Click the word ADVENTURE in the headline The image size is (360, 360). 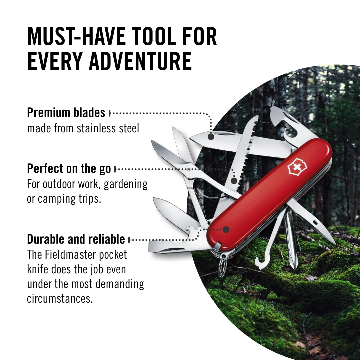[x=140, y=61]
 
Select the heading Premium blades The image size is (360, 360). [x=66, y=113]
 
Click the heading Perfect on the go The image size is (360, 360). [x=69, y=169]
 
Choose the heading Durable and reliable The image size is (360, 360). [x=76, y=239]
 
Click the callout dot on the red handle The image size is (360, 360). [x=226, y=229]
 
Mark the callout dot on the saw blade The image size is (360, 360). [x=234, y=181]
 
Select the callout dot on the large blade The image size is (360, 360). [x=211, y=137]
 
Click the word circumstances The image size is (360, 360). [x=60, y=299]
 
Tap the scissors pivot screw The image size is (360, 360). [x=189, y=170]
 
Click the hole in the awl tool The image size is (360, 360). [x=315, y=222]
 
